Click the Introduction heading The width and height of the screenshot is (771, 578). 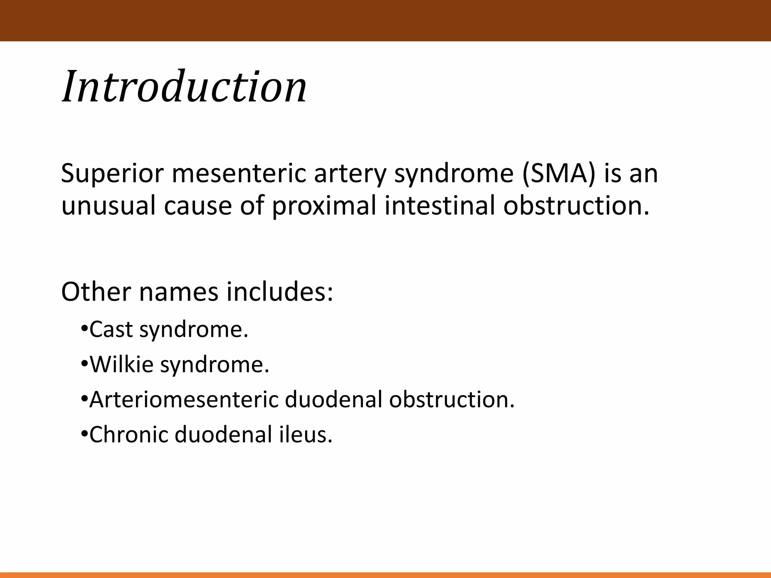[184, 87]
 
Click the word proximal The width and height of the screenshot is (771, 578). [324, 206]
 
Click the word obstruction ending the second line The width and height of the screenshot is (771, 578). [576, 206]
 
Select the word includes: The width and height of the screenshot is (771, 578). [279, 292]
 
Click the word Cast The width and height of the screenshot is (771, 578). [111, 330]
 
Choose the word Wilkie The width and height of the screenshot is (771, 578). [122, 365]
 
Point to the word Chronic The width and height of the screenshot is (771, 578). [128, 435]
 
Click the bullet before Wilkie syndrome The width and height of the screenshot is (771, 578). [84, 365]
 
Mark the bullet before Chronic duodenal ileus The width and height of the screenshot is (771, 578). [84, 435]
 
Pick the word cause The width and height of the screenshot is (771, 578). [198, 206]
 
